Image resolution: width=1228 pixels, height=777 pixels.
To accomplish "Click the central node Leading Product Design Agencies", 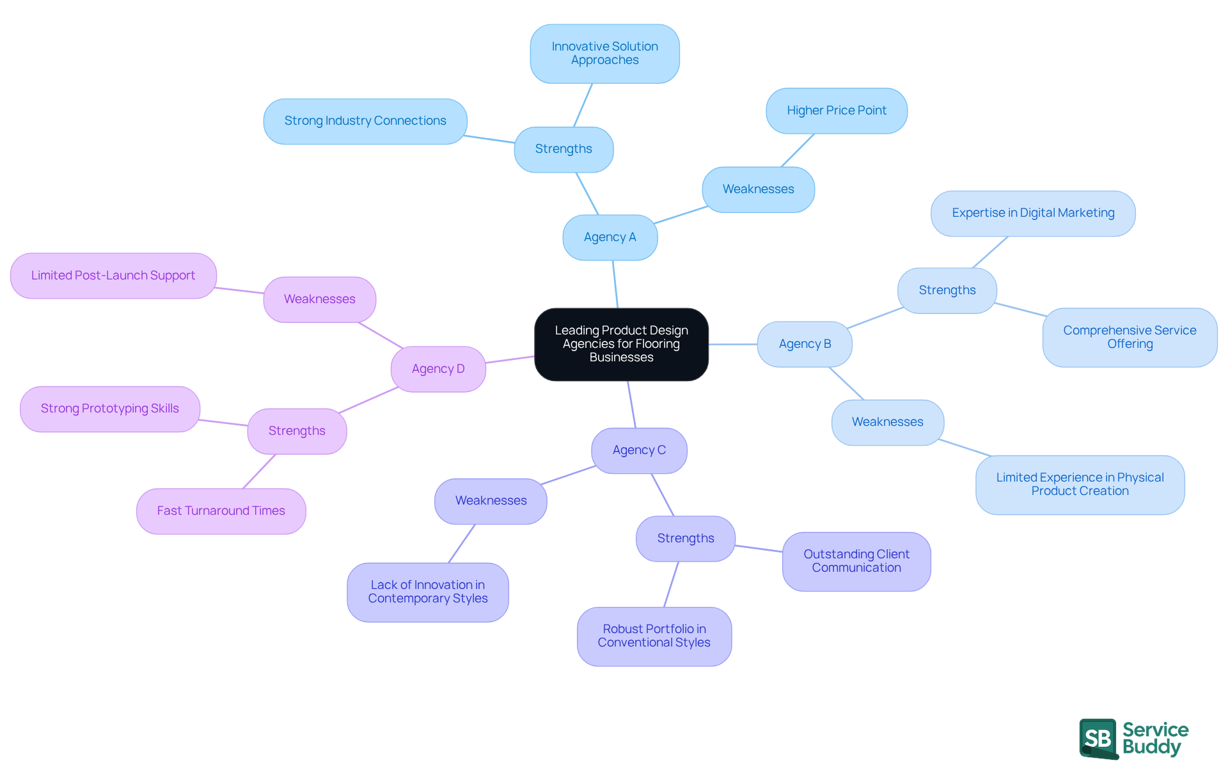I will [621, 344].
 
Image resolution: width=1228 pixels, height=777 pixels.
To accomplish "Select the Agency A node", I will [610, 237].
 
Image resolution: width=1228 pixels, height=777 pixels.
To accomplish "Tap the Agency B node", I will [805, 344].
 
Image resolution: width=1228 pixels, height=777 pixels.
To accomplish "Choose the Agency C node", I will [639, 450].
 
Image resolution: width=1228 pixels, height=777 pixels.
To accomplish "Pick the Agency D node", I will [438, 369].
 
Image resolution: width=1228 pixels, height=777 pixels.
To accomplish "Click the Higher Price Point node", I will [836, 111].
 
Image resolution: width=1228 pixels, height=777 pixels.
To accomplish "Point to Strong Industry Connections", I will [365, 121].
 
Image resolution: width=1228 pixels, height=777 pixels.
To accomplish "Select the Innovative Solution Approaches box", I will [604, 54].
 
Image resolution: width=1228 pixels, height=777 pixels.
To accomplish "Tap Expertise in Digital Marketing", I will [1032, 213].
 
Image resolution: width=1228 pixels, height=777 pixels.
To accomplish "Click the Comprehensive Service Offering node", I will [1130, 337].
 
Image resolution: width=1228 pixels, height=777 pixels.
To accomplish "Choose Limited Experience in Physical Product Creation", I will [1080, 484].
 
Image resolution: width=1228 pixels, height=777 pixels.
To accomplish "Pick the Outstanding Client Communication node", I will [856, 561].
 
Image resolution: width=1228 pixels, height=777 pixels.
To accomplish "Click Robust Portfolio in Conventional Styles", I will [654, 636].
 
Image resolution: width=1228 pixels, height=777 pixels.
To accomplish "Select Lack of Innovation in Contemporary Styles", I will [427, 592].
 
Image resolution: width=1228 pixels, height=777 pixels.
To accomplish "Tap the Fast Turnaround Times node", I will [221, 511].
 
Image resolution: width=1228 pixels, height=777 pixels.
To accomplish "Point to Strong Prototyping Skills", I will [109, 409].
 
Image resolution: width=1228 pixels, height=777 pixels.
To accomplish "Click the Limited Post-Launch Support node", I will [113, 276].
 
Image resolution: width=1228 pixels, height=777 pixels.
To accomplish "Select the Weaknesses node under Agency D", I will [319, 299].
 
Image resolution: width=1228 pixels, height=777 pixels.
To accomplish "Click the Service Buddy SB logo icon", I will [1098, 738].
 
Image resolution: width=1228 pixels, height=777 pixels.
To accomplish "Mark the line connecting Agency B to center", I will [733, 344].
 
